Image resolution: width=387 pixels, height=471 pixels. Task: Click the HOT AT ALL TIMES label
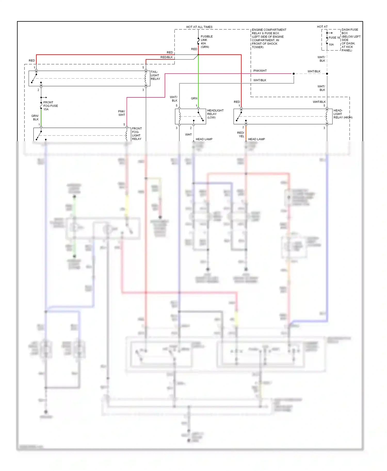199,27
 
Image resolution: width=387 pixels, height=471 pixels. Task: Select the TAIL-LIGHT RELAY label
155,75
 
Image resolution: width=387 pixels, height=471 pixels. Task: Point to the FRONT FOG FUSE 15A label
50,106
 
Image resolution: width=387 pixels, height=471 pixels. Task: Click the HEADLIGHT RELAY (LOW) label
215,114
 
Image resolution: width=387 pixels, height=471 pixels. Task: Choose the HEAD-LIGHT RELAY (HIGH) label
342,114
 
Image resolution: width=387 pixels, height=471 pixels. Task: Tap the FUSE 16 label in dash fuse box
334,38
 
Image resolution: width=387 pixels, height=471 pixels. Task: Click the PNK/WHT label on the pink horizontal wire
260,71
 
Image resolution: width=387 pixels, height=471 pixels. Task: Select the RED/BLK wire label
166,57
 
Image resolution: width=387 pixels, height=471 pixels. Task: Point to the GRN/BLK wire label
35,117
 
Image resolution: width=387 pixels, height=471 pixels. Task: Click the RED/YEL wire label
241,134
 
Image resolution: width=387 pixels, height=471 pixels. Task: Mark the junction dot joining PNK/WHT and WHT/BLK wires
294,74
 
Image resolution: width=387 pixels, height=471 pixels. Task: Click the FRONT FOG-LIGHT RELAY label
137,133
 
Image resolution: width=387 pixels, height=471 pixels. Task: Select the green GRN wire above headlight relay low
198,82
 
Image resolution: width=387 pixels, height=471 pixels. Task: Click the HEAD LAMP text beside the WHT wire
204,139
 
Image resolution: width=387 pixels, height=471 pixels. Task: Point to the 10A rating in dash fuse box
331,45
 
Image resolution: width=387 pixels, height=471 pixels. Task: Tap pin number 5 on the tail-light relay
143,68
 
